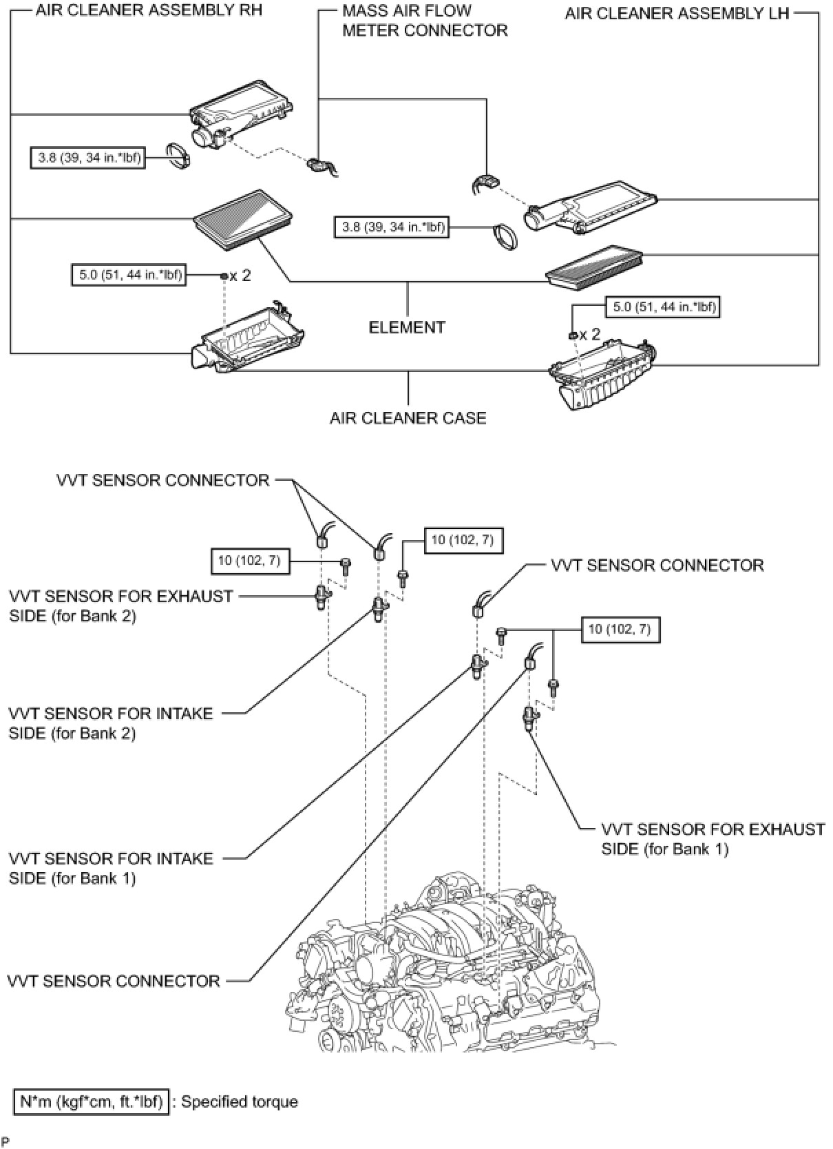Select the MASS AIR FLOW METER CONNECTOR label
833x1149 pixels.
point(425,21)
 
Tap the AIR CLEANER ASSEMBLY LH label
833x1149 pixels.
point(677,13)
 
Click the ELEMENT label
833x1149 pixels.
point(407,327)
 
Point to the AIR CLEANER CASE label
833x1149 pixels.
point(408,418)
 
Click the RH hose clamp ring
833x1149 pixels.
point(179,157)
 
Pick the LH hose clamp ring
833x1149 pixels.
point(505,236)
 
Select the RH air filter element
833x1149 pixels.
point(244,220)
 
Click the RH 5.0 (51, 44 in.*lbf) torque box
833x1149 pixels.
point(129,276)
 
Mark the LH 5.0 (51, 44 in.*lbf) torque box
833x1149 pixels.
point(662,307)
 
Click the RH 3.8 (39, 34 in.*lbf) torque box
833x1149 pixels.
point(88,158)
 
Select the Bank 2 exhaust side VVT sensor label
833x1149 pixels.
point(120,606)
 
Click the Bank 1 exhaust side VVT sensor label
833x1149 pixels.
point(713,839)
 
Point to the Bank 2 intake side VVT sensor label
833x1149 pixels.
point(111,723)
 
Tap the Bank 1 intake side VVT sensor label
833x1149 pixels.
point(111,868)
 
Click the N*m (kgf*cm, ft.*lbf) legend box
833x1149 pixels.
point(91,1102)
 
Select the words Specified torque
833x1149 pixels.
point(240,1102)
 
